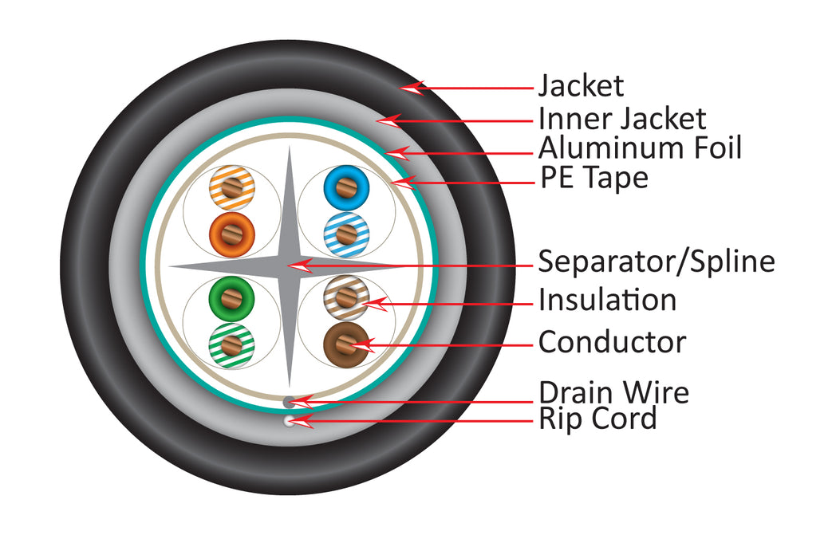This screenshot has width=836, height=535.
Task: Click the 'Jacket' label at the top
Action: (x=581, y=85)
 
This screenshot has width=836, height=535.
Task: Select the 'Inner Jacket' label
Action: (x=622, y=120)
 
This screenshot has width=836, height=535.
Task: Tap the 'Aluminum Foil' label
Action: (x=640, y=148)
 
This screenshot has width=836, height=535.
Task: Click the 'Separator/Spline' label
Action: (x=656, y=261)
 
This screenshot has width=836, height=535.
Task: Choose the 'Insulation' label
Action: (x=607, y=301)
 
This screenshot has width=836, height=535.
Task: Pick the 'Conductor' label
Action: (x=612, y=342)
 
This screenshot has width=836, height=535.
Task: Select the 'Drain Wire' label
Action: (x=613, y=392)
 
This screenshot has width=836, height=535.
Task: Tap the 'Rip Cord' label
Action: (x=597, y=419)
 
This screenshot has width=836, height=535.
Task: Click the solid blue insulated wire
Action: (x=345, y=189)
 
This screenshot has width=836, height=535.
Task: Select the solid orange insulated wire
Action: (x=231, y=233)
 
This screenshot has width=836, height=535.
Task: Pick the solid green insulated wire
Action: (x=231, y=300)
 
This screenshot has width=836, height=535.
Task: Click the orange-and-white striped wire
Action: (x=231, y=190)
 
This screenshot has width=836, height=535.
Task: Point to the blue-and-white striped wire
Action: (x=345, y=233)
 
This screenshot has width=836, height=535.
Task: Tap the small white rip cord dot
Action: (x=289, y=421)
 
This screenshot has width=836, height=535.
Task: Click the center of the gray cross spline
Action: (x=288, y=266)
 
